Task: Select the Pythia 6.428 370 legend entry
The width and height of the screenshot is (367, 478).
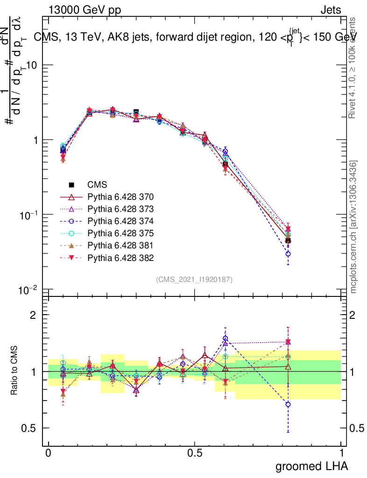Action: [114, 197]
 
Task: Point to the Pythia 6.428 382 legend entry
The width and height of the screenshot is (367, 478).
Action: [114, 258]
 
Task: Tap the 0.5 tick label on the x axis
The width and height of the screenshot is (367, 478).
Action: [195, 453]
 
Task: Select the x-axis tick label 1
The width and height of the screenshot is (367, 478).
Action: [341, 453]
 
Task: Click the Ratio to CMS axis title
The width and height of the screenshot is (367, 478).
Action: [14, 362]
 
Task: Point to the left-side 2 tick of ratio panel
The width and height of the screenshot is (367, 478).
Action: [33, 315]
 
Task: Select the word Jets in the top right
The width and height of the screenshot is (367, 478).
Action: [331, 10]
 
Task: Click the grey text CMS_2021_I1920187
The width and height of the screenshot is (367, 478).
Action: [194, 280]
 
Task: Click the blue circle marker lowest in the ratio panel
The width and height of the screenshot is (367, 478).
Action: [288, 404]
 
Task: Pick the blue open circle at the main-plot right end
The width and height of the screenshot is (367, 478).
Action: [288, 254]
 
